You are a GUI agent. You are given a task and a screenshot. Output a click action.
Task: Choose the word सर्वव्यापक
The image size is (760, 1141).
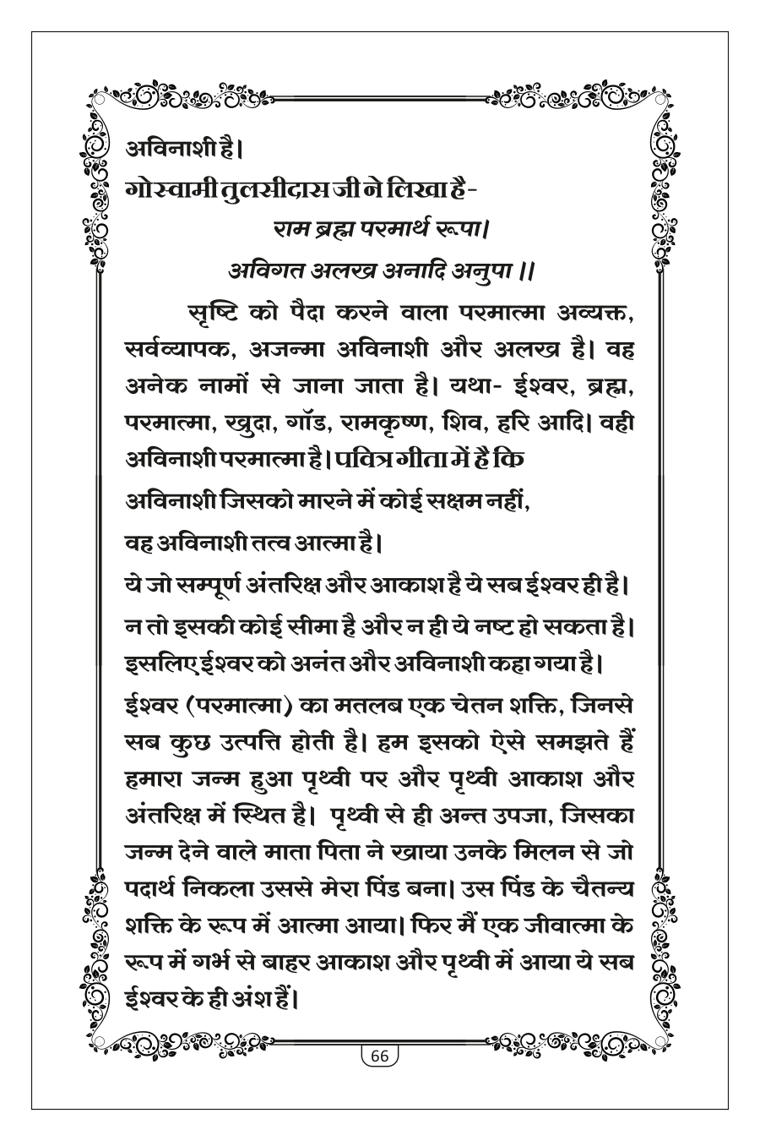187,353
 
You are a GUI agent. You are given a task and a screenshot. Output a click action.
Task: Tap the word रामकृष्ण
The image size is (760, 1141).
439,427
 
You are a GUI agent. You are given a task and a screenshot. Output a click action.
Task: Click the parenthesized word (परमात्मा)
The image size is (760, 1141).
243,701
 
